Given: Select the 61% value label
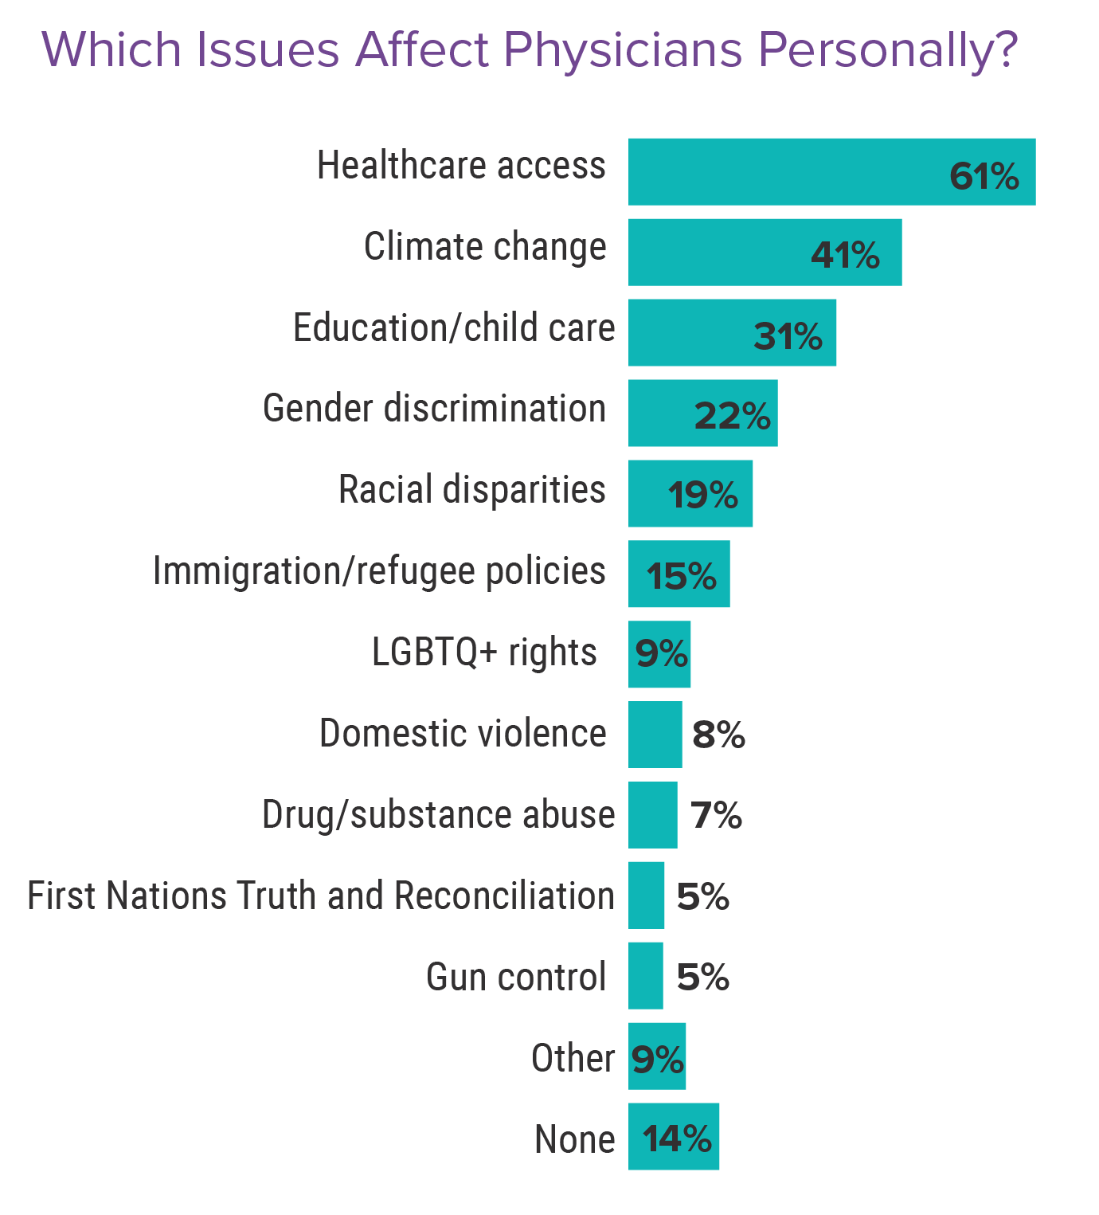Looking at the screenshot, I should (x=984, y=176).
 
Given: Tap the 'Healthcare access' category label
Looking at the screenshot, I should (x=461, y=166).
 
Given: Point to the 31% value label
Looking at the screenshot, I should (x=788, y=336).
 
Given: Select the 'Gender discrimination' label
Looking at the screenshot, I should (x=434, y=409).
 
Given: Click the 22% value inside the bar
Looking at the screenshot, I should (x=732, y=416).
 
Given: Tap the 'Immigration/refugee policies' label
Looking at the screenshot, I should (x=379, y=571).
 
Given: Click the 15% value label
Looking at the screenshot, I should (x=681, y=576).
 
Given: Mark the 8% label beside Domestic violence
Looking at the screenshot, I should (x=718, y=735).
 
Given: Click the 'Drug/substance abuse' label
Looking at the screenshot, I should (x=438, y=814).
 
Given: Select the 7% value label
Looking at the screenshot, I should (x=716, y=816).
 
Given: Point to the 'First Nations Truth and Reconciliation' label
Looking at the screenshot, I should (x=321, y=896).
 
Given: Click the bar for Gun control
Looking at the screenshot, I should (x=646, y=975).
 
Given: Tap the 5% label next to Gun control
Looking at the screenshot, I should (x=702, y=977).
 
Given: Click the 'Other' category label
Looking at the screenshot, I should (x=573, y=1059).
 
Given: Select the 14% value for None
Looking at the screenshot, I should (x=677, y=1139).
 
